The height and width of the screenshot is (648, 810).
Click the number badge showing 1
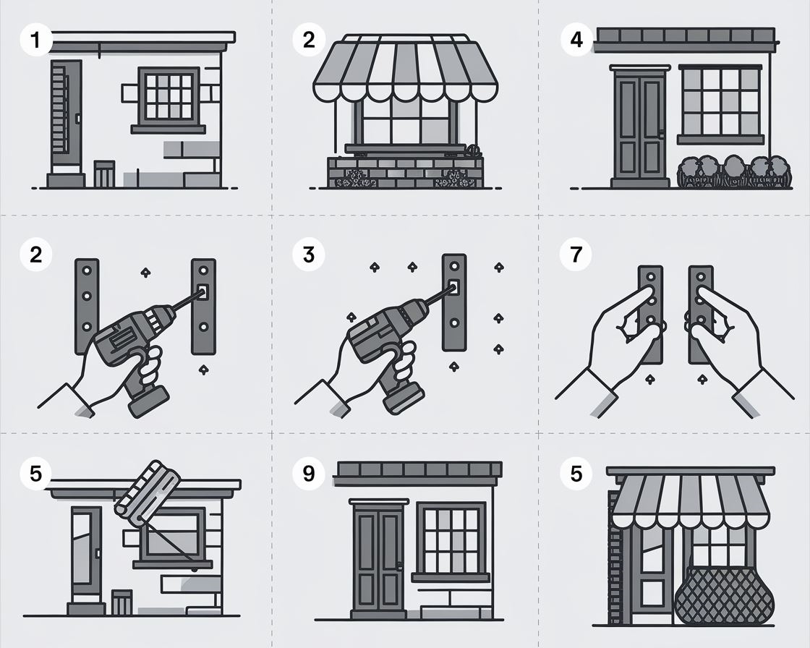[35, 40]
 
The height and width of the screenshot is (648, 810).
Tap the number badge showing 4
[576, 40]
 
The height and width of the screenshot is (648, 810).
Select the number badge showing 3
[308, 255]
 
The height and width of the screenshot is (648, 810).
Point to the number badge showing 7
[576, 255]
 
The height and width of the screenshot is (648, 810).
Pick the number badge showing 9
[308, 473]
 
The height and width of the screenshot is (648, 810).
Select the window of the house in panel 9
[451, 542]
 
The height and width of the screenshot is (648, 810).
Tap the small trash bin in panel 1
[104, 174]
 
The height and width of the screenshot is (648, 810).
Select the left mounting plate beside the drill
[87, 306]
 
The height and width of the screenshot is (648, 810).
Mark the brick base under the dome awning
[405, 172]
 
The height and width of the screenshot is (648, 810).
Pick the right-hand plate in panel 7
[702, 315]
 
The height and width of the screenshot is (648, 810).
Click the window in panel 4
[720, 103]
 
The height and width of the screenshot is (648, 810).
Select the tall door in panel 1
[66, 116]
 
